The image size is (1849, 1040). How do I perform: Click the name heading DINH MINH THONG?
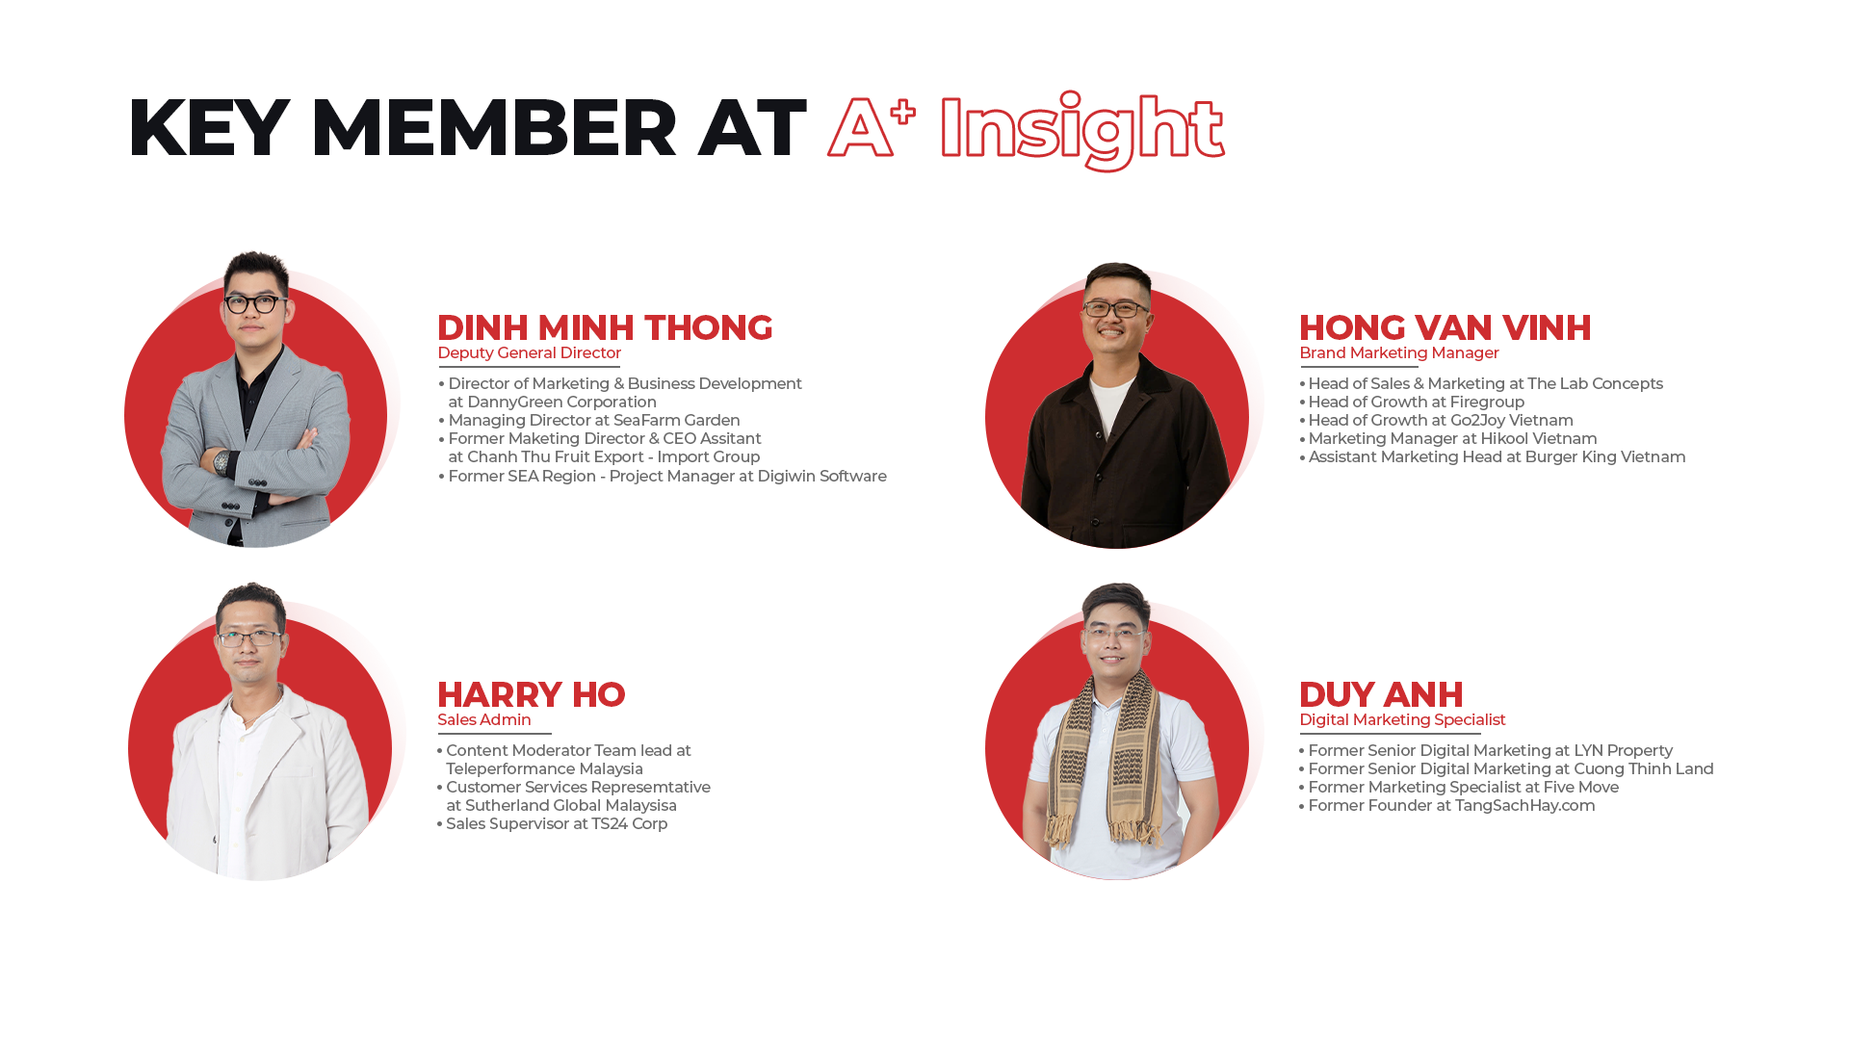point(605,327)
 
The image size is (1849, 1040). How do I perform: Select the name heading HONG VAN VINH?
point(1445,327)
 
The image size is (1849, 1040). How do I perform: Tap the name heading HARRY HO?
point(531,694)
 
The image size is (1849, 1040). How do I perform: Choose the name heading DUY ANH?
point(1381,694)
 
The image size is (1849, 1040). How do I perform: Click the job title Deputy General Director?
point(529,353)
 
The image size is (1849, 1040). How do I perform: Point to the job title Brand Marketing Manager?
point(1398,353)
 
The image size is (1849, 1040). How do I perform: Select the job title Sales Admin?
point(483,720)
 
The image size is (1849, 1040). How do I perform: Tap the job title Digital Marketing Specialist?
point(1402,720)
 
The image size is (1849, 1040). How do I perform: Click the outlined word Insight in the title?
point(1081,131)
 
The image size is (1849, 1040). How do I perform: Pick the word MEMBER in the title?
point(493,127)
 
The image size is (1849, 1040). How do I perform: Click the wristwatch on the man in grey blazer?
point(221,463)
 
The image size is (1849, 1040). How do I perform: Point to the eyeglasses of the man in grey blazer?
point(253,304)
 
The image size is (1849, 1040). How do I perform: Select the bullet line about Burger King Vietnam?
point(1493,457)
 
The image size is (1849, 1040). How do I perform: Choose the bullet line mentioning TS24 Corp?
point(552,824)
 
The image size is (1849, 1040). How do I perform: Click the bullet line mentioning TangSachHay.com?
point(1446,806)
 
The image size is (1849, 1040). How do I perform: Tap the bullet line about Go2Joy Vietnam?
point(1436,421)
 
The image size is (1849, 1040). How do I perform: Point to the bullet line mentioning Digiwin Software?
point(663,477)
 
